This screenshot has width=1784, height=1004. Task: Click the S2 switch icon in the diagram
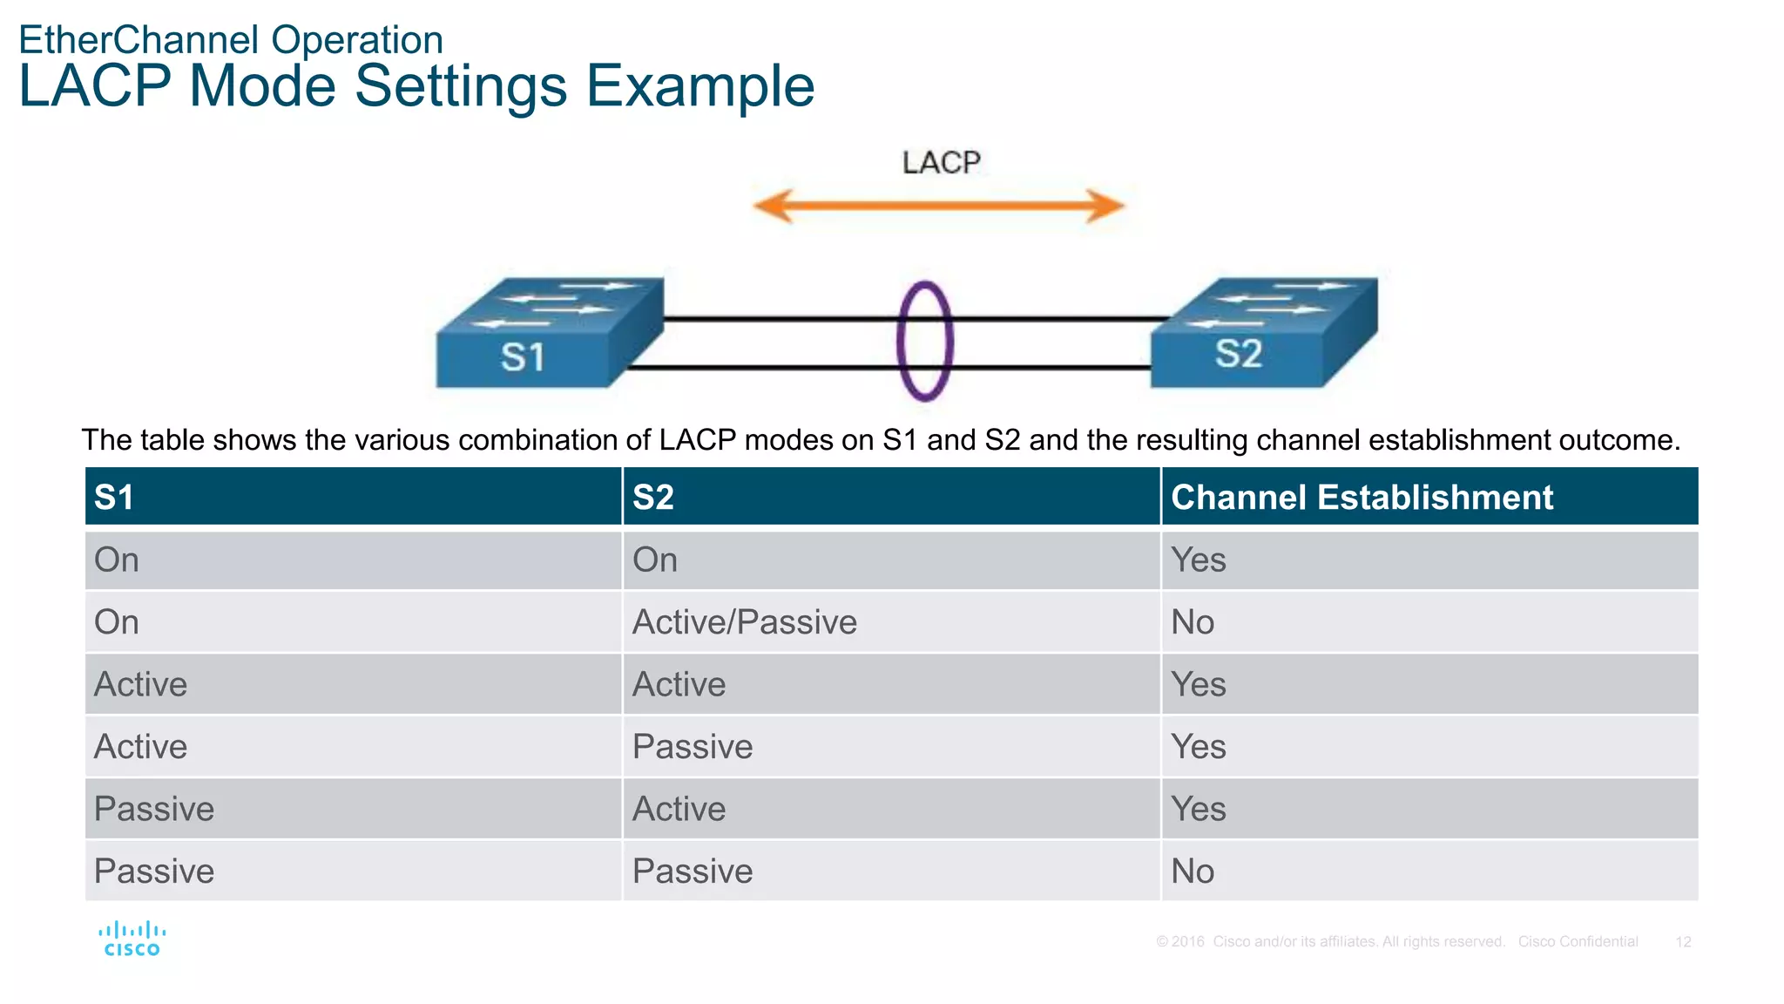coord(1263,333)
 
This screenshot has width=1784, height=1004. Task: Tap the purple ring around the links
coord(924,341)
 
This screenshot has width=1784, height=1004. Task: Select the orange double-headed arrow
coord(938,207)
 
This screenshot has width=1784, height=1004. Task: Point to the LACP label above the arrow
coord(941,163)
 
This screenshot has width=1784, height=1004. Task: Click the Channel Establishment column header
coord(1362,497)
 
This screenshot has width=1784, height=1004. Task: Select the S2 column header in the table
coord(653,497)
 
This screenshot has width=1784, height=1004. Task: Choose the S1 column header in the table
coord(114,497)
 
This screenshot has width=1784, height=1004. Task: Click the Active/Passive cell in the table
coord(744,622)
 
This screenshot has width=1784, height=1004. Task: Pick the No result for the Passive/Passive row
coord(1192,872)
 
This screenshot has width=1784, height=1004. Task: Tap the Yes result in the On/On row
coord(1198,560)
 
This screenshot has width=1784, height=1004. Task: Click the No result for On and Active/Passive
coord(1192,622)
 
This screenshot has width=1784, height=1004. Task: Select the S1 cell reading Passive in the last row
coord(154,872)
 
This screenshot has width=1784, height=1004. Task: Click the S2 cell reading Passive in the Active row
coord(693,747)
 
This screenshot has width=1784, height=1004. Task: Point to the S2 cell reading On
coord(655,560)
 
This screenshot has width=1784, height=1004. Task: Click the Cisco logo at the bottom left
coord(132,940)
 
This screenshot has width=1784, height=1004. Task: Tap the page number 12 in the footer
coord(1683,942)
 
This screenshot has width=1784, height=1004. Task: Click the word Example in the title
coord(699,86)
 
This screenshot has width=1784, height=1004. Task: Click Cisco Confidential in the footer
coord(1578,942)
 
